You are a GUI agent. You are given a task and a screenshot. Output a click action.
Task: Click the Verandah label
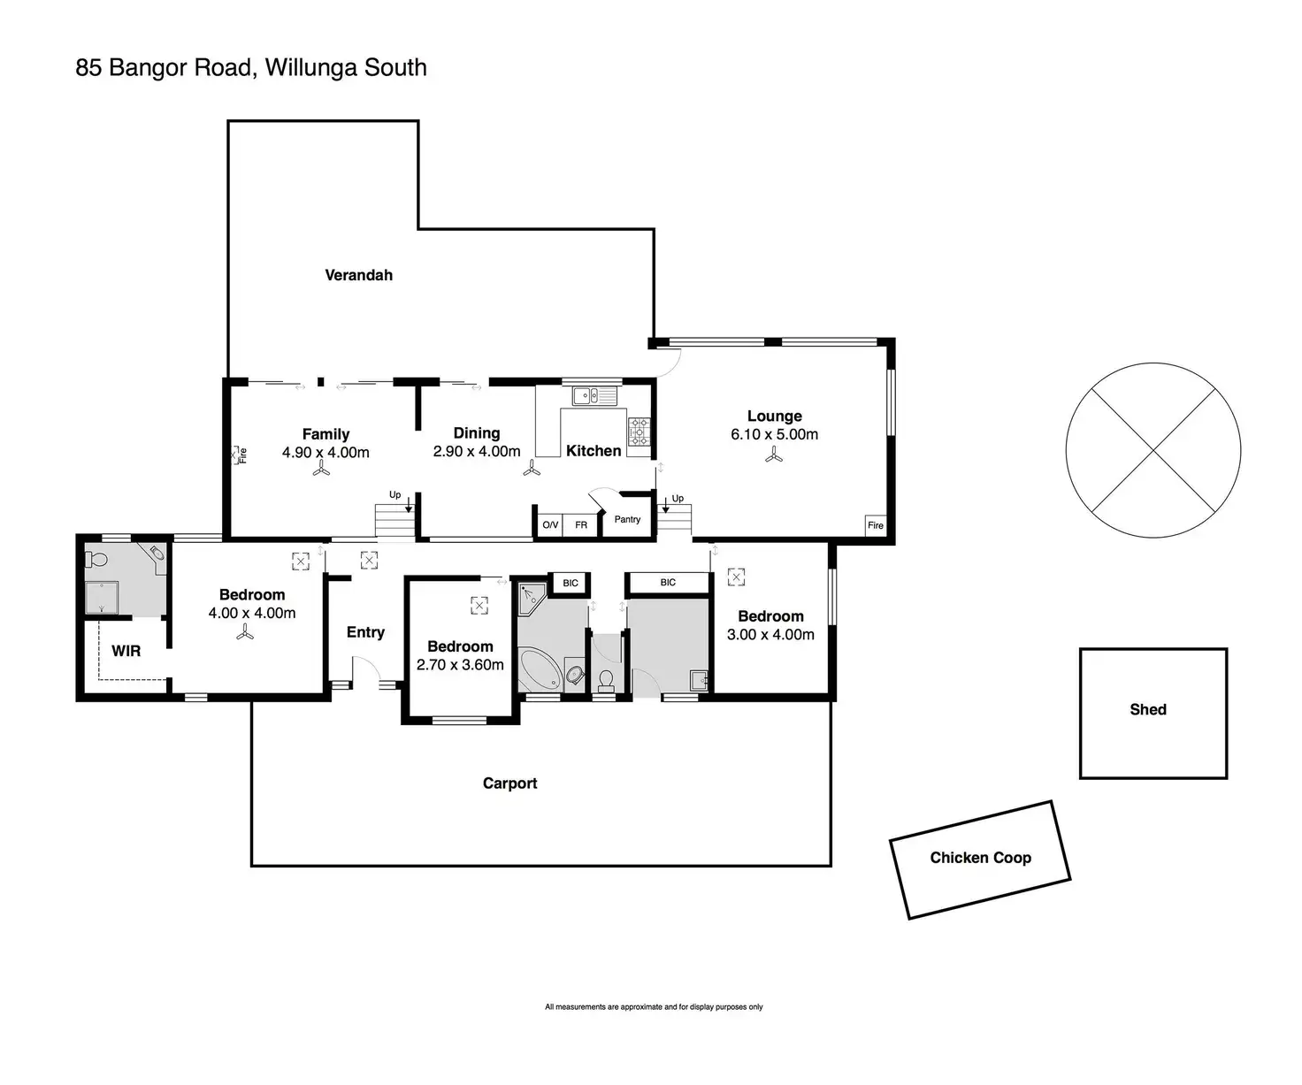358,275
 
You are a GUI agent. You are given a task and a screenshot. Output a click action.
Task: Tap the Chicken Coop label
980,858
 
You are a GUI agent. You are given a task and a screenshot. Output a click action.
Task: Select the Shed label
1147,709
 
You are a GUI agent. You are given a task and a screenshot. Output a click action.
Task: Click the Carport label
509,783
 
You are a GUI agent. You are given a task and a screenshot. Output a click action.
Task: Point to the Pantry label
627,519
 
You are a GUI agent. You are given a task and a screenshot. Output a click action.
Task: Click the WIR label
126,651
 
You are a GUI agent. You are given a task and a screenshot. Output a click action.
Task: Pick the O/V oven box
550,525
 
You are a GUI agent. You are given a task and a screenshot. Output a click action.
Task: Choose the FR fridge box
581,525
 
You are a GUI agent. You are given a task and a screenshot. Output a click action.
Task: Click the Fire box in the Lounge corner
875,525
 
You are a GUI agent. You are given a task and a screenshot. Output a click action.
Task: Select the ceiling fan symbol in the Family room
319,472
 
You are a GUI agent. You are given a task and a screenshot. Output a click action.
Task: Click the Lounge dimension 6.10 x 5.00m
774,434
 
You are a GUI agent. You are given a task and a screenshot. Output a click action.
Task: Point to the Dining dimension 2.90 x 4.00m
477,451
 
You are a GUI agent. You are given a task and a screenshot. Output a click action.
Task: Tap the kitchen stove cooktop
639,431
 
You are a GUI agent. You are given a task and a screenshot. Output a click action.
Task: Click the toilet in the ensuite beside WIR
97,559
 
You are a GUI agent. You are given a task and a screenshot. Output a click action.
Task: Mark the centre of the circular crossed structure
1153,451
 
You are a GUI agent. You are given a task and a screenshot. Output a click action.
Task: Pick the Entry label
365,632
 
